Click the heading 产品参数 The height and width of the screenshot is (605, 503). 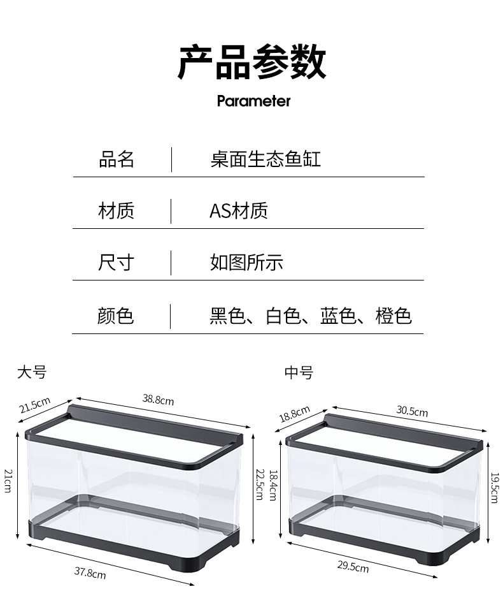251,62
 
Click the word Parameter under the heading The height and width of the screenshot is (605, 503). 253,101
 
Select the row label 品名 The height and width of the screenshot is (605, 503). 117,159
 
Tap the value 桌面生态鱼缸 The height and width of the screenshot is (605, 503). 266,159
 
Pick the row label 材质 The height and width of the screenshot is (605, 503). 117,210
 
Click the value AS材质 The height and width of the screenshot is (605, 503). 239,210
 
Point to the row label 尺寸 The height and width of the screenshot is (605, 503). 117,262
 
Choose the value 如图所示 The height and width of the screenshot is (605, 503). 246,262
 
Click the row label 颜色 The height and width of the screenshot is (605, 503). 117,316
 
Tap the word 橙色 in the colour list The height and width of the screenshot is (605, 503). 393,316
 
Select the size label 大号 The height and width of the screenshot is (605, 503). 32,372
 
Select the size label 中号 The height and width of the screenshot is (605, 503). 299,372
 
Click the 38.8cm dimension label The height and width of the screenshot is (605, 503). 158,400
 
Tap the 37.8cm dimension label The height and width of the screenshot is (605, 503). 90,572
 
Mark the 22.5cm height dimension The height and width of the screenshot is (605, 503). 259,485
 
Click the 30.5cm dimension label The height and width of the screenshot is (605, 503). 412,411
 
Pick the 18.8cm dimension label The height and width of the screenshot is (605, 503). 294,413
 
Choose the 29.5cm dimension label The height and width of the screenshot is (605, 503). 353,567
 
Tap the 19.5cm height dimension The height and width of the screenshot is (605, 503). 495,487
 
